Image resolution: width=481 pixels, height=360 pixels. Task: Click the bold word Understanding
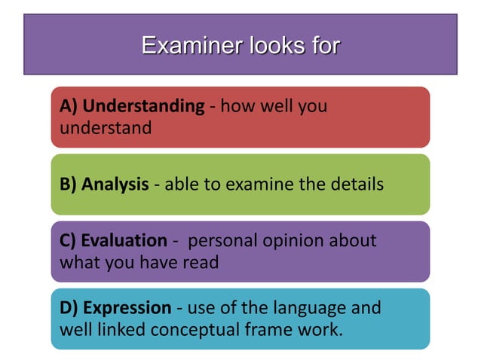click(x=142, y=106)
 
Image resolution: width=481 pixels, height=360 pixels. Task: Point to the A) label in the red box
click(x=68, y=106)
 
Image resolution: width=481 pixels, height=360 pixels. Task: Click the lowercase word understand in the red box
click(x=105, y=127)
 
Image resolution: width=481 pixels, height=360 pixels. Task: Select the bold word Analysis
click(x=115, y=185)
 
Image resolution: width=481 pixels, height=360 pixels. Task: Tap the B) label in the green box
click(x=68, y=185)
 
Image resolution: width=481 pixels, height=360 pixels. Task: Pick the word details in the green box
click(x=354, y=185)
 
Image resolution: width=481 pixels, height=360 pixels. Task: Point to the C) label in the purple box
click(x=68, y=241)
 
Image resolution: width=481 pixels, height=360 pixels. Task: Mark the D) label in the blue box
click(x=69, y=308)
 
